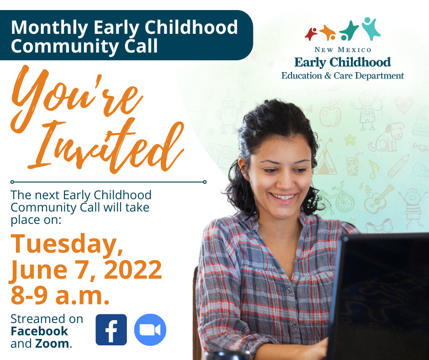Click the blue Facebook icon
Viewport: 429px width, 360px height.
[111, 329]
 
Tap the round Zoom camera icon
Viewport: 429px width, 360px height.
[150, 329]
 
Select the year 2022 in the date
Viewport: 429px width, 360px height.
[133, 270]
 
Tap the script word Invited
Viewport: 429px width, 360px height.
[107, 145]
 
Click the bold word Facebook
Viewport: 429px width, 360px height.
[39, 331]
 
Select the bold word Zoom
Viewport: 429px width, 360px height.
[52, 343]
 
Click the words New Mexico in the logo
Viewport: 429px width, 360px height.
[343, 50]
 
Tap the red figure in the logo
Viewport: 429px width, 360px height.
[311, 34]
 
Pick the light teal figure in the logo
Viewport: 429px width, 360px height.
[371, 28]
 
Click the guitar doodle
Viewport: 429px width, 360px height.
[378, 199]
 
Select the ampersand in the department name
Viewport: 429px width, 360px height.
[328, 76]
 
